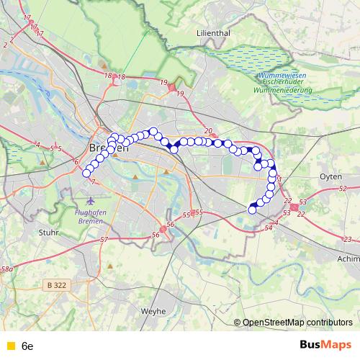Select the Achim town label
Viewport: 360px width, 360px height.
click(348, 257)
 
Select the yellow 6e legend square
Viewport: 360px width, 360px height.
click(9, 346)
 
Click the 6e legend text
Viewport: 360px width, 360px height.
click(27, 346)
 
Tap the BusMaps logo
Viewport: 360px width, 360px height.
click(325, 345)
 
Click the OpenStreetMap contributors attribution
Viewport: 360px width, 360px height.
click(297, 323)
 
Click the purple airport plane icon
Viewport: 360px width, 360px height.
click(90, 198)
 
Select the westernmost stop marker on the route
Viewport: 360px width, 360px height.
click(87, 172)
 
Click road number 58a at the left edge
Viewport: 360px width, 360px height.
click(6, 269)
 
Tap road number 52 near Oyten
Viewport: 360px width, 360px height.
click(341, 188)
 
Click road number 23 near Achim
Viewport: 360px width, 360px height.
click(348, 239)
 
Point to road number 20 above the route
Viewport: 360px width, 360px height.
click(208, 130)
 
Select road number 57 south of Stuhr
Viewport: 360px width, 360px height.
click(104, 239)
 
